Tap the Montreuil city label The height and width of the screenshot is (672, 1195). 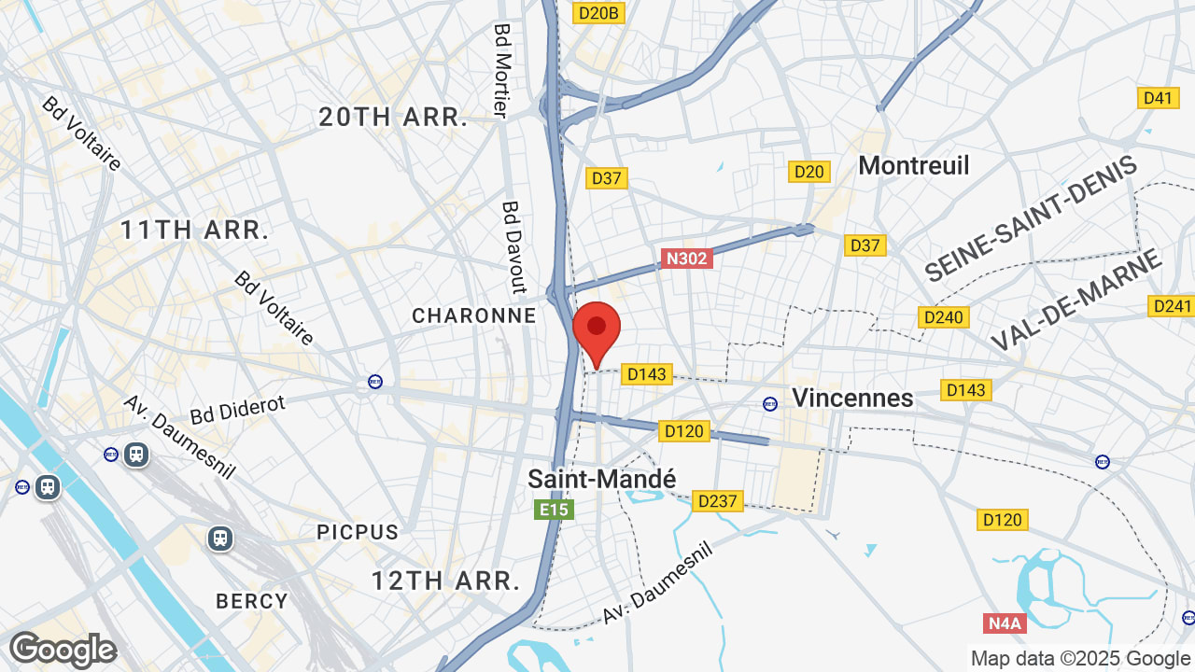coord(913,165)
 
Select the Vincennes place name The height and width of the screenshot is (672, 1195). coord(852,398)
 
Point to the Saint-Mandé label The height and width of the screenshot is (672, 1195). coord(601,479)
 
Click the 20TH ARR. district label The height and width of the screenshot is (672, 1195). coord(393,118)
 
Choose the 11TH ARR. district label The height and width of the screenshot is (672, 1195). coord(195,230)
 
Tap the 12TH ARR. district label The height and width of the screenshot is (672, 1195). coord(445,581)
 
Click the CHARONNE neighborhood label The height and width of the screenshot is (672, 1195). coord(474,316)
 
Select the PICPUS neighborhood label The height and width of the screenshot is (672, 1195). coord(358,532)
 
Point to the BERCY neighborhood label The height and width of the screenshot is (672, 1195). coord(252,601)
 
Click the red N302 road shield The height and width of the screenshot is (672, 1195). coord(686,259)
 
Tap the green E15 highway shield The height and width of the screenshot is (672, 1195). coord(553,510)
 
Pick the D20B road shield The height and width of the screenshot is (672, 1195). coord(598,13)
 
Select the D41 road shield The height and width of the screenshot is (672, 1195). coord(1158,98)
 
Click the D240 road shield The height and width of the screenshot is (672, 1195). coord(942,317)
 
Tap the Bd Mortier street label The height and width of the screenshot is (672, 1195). coord(501,71)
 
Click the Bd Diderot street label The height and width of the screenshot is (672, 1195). coord(237,408)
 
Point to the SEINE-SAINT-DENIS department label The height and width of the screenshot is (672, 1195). coord(1031,219)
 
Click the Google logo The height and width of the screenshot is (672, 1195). coord(63,650)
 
